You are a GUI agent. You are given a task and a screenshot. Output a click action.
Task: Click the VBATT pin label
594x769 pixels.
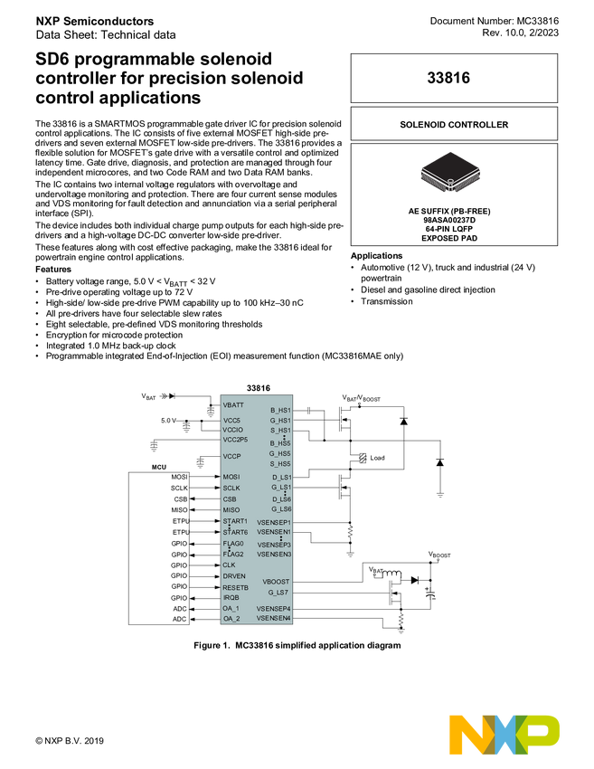(x=233, y=405)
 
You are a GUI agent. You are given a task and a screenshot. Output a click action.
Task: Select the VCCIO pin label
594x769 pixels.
(x=233, y=430)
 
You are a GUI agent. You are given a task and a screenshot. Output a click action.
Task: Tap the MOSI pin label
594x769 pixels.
(x=231, y=477)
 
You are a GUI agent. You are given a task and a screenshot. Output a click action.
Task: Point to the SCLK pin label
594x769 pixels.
(x=231, y=488)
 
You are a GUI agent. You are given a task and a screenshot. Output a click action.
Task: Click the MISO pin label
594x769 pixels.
(x=231, y=510)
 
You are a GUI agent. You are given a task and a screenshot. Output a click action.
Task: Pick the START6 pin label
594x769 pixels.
(x=235, y=532)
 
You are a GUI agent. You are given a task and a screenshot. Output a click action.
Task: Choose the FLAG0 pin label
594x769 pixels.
(x=233, y=544)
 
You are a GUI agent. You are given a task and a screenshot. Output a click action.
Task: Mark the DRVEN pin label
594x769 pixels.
(x=234, y=576)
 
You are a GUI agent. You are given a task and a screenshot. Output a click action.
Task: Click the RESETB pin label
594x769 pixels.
(x=235, y=587)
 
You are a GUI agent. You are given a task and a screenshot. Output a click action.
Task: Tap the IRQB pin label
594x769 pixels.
(x=231, y=597)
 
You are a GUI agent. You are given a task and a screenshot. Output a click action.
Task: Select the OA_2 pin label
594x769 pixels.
(x=231, y=619)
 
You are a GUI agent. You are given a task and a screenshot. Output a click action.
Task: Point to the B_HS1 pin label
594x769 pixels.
(x=280, y=411)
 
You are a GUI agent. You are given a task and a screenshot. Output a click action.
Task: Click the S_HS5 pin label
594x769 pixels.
(x=280, y=463)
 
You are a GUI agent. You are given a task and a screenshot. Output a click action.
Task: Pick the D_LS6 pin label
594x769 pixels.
(x=281, y=499)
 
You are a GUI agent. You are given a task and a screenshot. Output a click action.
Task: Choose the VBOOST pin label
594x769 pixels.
(x=277, y=582)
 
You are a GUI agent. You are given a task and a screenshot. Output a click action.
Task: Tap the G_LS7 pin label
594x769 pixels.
(x=278, y=593)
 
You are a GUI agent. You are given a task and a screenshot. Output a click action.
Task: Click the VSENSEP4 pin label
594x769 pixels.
(x=274, y=609)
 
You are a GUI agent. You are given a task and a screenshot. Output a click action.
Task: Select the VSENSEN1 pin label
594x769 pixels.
(x=274, y=532)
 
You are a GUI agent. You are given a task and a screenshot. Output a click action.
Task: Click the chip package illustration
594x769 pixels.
(x=449, y=170)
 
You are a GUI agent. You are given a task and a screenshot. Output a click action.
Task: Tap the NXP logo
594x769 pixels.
(x=505, y=734)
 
